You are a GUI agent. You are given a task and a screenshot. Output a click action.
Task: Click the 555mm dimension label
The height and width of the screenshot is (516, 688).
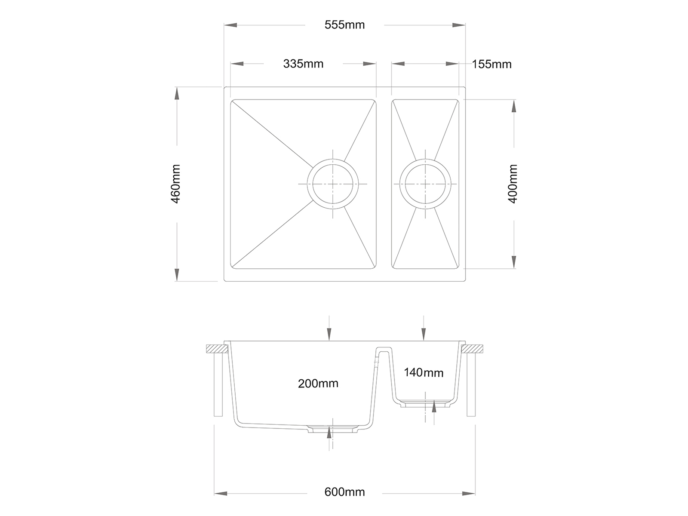tap(344, 25)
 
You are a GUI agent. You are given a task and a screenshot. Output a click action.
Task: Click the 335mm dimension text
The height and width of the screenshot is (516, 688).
tap(303, 64)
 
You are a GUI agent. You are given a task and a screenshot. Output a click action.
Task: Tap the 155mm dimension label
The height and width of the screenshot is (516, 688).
tap(491, 64)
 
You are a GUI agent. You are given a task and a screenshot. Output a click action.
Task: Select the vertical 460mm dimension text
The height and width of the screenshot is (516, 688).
tap(176, 184)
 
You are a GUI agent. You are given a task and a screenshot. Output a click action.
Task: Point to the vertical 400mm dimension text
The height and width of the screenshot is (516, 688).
tap(513, 184)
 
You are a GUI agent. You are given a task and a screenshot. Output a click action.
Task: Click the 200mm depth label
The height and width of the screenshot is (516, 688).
tap(318, 383)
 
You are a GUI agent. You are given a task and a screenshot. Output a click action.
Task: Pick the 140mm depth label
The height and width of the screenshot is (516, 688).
tap(423, 372)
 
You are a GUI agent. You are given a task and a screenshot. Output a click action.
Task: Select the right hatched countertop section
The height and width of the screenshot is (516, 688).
tap(475, 348)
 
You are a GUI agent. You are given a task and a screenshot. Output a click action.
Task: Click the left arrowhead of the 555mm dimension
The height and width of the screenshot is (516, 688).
tap(230, 25)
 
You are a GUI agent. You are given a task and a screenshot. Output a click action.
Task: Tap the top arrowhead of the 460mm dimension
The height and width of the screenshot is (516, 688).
tap(176, 93)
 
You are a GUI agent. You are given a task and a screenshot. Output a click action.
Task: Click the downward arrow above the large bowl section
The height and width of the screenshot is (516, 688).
tap(329, 334)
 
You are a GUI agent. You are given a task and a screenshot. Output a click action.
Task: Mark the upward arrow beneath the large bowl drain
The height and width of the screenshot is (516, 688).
tap(329, 432)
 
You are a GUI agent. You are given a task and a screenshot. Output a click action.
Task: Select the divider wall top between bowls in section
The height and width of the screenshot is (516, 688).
tap(384, 349)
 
